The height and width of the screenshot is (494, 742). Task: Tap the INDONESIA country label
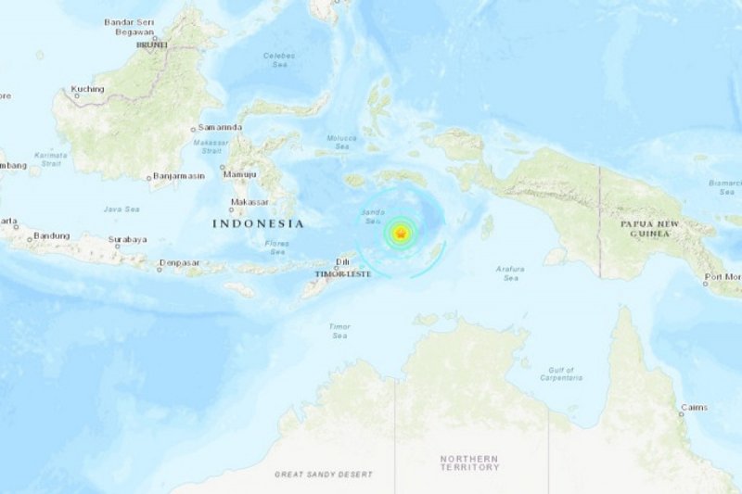258,223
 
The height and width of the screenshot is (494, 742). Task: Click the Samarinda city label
220,127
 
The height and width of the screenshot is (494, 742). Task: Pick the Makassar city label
249,201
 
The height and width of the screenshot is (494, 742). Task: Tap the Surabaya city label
127,239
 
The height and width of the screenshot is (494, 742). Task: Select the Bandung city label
51,235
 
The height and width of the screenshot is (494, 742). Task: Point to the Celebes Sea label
279,59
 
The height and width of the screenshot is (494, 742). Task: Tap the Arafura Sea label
511,273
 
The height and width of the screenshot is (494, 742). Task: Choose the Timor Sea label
340,330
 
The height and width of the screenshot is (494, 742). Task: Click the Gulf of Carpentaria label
561,374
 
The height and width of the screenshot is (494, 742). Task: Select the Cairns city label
692,407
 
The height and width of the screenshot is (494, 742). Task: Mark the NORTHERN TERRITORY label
469,462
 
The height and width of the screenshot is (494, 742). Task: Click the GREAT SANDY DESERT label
323,475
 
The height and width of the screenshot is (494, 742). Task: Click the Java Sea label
121,209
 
